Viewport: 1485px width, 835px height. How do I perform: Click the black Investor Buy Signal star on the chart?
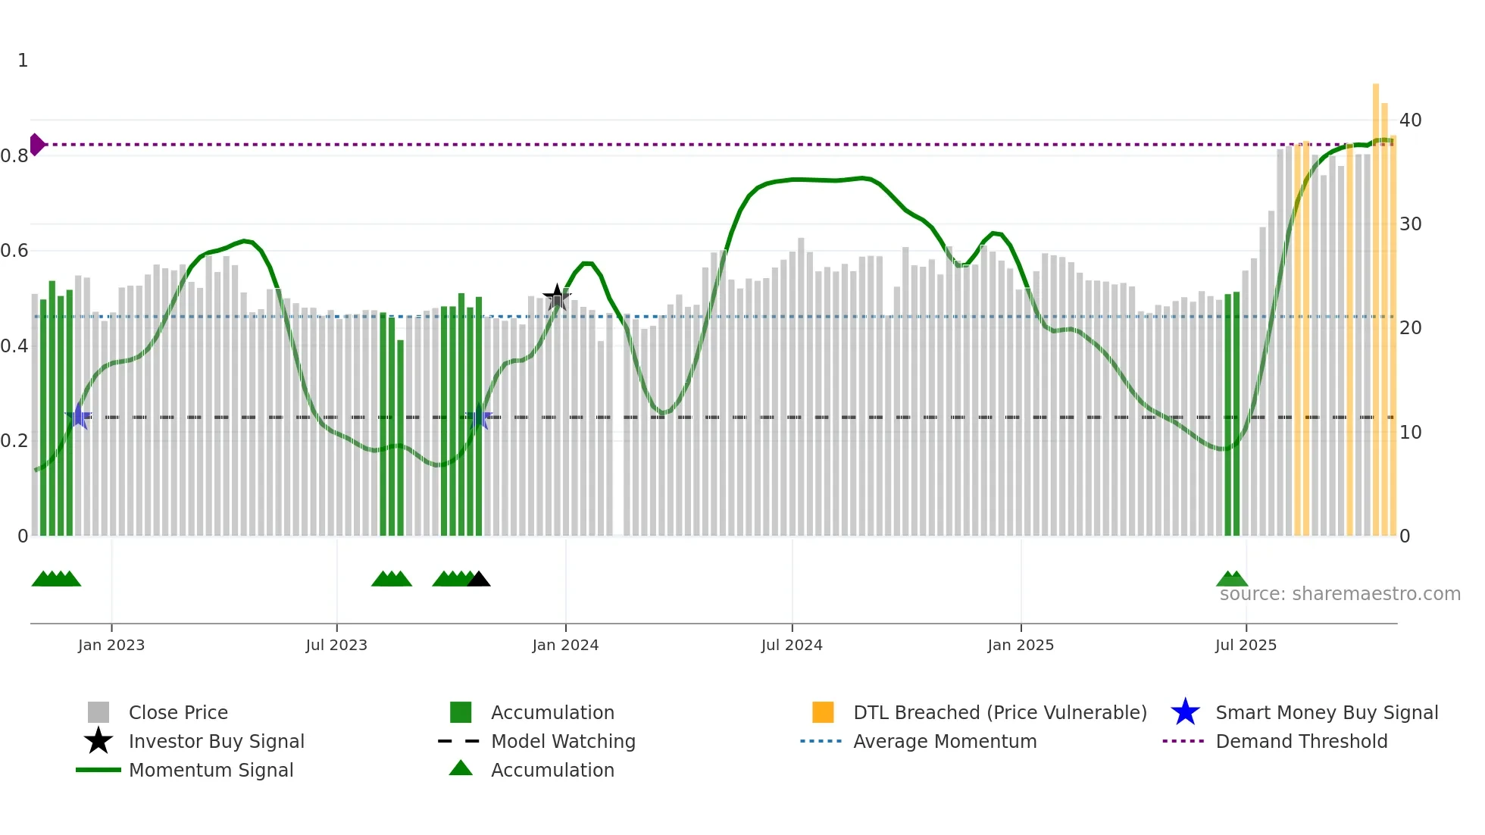557,298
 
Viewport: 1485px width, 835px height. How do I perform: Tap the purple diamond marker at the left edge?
36,144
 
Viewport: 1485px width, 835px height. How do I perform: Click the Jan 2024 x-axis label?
565,645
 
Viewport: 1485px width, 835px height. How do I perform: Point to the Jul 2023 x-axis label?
336,645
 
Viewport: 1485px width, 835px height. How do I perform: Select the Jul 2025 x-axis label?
1246,645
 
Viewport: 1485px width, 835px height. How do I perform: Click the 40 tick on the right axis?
1410,120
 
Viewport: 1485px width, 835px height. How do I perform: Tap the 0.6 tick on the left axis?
14,251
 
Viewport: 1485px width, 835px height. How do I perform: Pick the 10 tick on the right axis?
1410,433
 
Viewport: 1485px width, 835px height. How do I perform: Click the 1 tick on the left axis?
23,61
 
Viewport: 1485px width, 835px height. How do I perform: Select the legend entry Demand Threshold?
1301,741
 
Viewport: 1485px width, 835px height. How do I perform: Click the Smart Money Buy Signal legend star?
1185,712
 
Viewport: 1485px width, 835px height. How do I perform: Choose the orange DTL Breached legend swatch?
823,712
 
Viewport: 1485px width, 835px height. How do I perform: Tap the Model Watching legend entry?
562,741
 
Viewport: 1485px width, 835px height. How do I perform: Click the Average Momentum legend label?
944,741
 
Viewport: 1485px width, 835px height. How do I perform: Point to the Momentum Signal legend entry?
211,770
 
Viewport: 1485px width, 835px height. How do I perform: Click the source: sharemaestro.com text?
1340,594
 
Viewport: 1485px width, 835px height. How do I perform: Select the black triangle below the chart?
479,580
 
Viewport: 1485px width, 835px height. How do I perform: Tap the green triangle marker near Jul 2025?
1232,580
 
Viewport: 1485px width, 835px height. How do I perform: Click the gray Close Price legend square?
98,712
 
